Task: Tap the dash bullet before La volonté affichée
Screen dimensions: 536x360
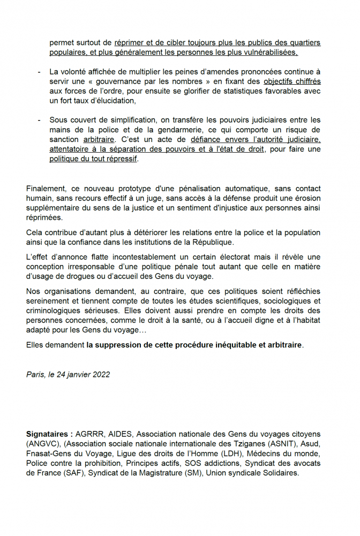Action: [x=39, y=72]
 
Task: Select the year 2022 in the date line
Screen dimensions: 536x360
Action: [x=100, y=374]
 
